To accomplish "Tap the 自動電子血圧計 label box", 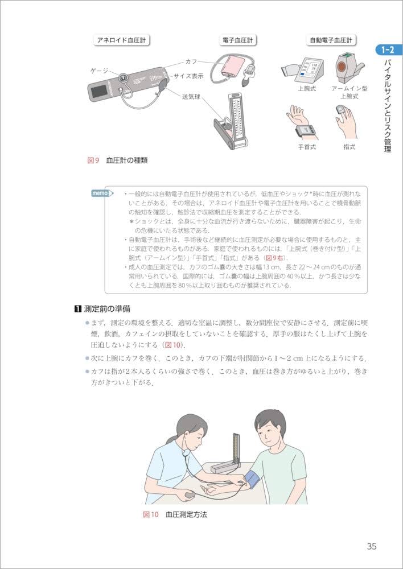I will [330, 40].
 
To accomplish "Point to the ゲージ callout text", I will [100, 70].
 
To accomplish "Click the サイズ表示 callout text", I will [188, 75].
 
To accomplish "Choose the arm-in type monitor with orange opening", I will [346, 67].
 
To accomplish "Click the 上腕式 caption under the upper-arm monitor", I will [306, 89].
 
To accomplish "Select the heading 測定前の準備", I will [102, 309].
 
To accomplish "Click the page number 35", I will [371, 547].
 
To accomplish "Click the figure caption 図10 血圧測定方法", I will [175, 514].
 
